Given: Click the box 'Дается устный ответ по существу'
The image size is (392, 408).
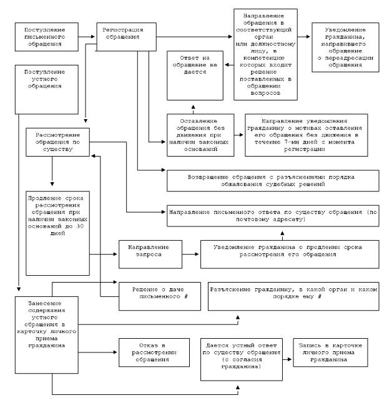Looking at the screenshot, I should coord(239,360).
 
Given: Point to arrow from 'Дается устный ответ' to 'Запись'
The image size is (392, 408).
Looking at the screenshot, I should coord(285,361).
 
